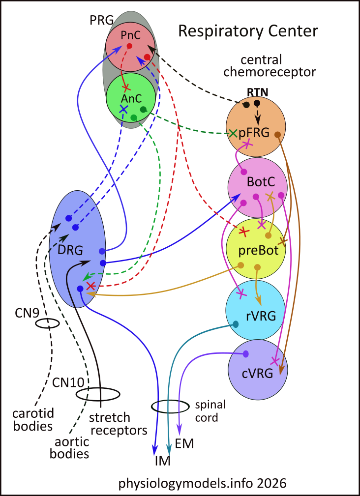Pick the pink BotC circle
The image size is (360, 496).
[x=257, y=185]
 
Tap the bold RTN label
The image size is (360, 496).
[x=253, y=91]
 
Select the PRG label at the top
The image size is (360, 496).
[x=101, y=20]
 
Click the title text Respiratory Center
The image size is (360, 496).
[x=248, y=31]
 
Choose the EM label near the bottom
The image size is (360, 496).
[x=185, y=444]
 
